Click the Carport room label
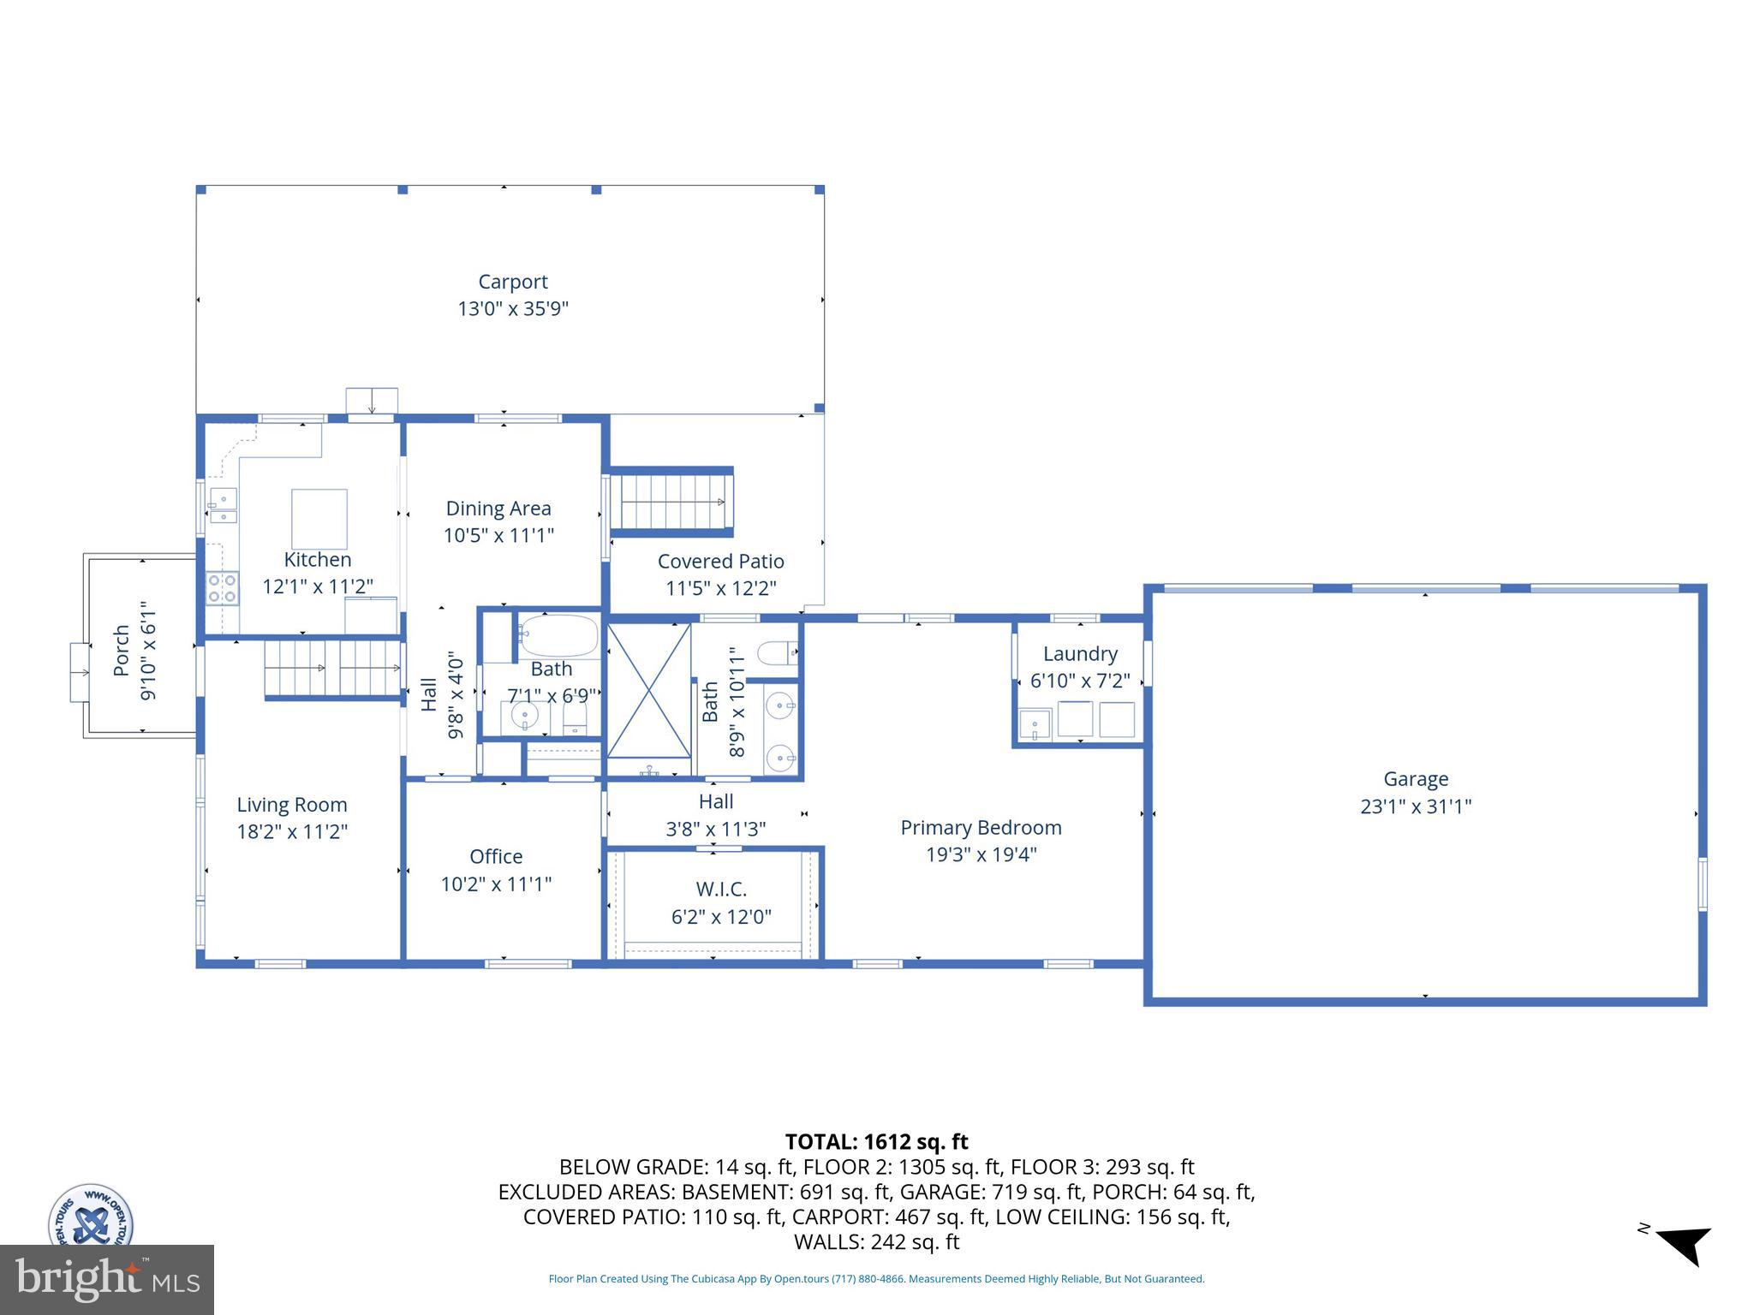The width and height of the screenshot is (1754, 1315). (x=512, y=282)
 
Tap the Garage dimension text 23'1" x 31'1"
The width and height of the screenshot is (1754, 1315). (x=1415, y=806)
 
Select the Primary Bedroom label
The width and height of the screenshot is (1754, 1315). (x=981, y=828)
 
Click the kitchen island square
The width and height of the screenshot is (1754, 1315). (x=319, y=519)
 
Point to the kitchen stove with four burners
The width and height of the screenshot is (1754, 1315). (x=222, y=589)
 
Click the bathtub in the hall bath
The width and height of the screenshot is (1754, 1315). (x=558, y=636)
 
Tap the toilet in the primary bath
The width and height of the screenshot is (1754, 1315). (x=777, y=653)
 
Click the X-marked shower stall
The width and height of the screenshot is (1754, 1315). (x=648, y=690)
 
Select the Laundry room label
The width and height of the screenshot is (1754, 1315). (x=1079, y=654)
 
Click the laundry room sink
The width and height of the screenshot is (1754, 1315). (x=1035, y=723)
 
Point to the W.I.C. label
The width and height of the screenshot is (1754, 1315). (x=720, y=890)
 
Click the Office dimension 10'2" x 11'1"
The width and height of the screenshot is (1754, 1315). (x=496, y=884)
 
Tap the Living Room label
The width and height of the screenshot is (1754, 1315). (x=291, y=805)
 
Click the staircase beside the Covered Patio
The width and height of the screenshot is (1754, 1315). (x=671, y=503)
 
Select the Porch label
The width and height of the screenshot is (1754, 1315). (x=122, y=651)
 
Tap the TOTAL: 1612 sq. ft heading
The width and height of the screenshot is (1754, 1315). (x=875, y=1142)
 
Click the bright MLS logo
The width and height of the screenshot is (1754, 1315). (x=106, y=1279)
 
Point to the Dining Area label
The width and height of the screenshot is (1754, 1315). (x=498, y=509)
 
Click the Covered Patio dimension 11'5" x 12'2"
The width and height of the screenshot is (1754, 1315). (x=720, y=589)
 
